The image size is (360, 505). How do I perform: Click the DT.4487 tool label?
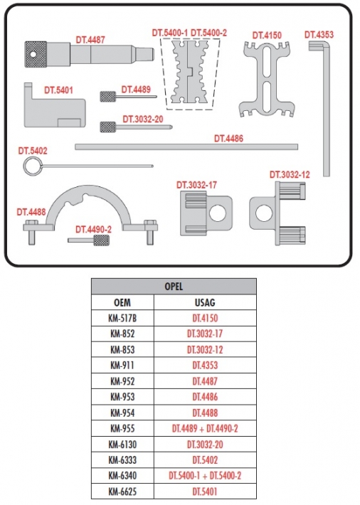pyautogui.click(x=90, y=40)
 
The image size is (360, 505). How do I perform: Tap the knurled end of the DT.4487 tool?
pyautogui.click(x=36, y=54)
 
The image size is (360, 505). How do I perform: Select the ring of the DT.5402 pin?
pyautogui.click(x=33, y=166)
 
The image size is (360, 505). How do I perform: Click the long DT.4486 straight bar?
pyautogui.click(x=186, y=147)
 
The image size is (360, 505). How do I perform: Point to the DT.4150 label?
pyautogui.click(x=267, y=35)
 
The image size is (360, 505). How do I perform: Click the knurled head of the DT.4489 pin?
pyautogui.click(x=108, y=97)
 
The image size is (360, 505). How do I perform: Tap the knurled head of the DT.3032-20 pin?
pyautogui.click(x=108, y=127)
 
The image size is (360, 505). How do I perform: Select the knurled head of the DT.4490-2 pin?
pyautogui.click(x=101, y=240)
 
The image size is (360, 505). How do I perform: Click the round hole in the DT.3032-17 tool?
pyautogui.click(x=218, y=213)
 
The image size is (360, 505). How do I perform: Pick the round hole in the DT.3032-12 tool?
pyautogui.click(x=264, y=213)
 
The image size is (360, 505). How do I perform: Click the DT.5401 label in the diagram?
pyautogui.click(x=58, y=90)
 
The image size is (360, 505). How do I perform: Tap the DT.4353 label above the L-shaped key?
pyautogui.click(x=319, y=34)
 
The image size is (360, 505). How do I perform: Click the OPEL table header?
pyautogui.click(x=174, y=287)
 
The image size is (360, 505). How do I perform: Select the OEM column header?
pyautogui.click(x=122, y=302)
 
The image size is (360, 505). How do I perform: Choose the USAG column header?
pyautogui.click(x=205, y=302)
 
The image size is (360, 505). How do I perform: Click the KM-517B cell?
pyautogui.click(x=122, y=318)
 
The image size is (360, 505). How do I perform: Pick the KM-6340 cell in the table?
pyautogui.click(x=122, y=475)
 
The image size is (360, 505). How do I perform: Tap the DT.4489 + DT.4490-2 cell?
pyautogui.click(x=205, y=428)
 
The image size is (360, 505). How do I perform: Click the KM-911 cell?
pyautogui.click(x=122, y=365)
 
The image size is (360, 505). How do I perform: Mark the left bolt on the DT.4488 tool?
pyautogui.click(x=31, y=232)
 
